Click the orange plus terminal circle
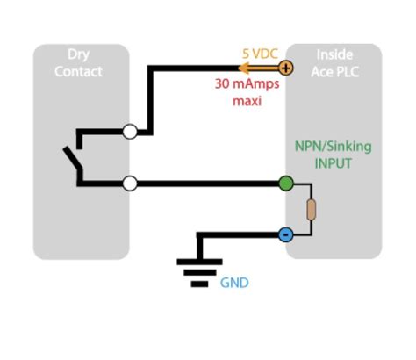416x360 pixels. click(x=286, y=67)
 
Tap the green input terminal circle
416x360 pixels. click(x=286, y=184)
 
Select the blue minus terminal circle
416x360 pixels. click(x=286, y=234)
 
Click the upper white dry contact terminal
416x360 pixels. click(x=130, y=133)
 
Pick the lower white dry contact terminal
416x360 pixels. click(x=130, y=184)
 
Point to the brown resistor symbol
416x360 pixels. click(x=311, y=210)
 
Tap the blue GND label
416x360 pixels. click(x=234, y=284)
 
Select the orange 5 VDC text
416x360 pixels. click(x=259, y=53)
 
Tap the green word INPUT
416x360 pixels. click(x=334, y=163)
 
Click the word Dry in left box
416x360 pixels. click(x=79, y=54)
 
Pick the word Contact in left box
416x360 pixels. click(x=79, y=71)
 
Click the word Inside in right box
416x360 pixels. click(x=334, y=54)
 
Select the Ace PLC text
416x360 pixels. click(x=334, y=71)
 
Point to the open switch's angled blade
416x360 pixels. click(x=71, y=160)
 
